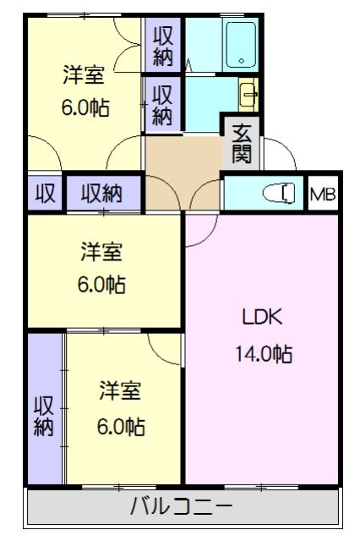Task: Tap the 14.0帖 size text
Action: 264,355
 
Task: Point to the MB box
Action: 322,194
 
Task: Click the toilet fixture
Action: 281,194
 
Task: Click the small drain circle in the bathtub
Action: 242,62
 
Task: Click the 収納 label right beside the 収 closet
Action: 102,194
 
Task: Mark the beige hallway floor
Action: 182,161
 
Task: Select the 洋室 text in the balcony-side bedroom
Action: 120,391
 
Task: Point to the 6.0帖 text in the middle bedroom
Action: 101,285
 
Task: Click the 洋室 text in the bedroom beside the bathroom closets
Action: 84,74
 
